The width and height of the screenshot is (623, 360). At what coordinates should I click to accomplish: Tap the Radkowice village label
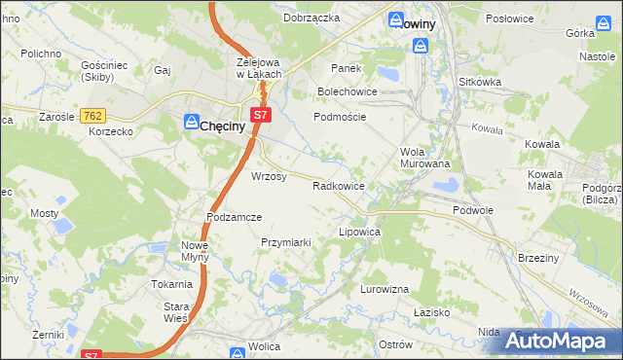pos(339,185)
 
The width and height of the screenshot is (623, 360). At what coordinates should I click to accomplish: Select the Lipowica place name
pos(358,234)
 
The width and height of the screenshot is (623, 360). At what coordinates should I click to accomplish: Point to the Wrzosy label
pos(269,177)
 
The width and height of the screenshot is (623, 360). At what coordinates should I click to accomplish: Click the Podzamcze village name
pos(235,217)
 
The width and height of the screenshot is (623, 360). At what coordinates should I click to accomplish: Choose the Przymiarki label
pos(285,241)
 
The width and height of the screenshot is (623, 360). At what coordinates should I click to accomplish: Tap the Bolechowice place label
pos(348,91)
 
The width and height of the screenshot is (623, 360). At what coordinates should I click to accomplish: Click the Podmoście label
pos(339,116)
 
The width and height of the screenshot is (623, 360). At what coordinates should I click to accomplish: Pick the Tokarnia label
pos(171,284)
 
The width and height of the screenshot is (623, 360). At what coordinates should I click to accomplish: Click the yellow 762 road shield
pos(93,116)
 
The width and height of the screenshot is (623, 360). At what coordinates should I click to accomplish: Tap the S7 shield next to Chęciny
pos(259,115)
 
